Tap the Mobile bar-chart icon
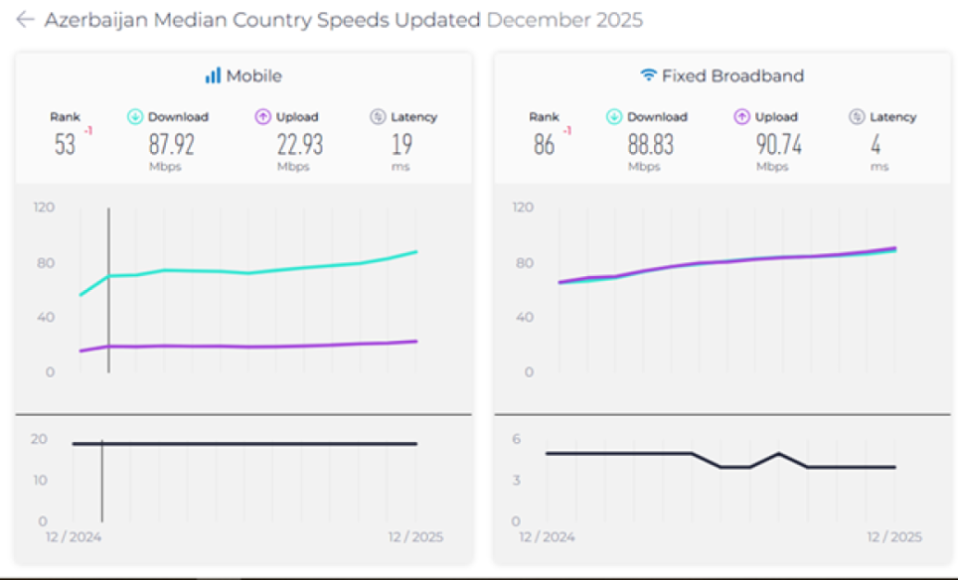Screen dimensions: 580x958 point(213,75)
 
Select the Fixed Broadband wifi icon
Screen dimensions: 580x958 point(648,75)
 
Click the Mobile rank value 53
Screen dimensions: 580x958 point(65,145)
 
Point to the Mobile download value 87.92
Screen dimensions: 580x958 point(172,144)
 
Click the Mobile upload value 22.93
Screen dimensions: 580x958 point(299,144)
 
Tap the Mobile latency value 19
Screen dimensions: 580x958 point(401,144)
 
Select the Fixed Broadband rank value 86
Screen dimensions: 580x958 point(544,145)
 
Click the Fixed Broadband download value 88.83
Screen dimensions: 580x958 point(651,144)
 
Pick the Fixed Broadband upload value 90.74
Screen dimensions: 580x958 point(778,144)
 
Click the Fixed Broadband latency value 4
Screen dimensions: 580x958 point(877,144)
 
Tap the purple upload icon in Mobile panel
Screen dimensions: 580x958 point(262,117)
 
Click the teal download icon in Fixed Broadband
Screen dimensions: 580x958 point(614,117)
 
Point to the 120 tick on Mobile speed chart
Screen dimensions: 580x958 point(44,208)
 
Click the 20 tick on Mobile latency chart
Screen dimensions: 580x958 point(40,439)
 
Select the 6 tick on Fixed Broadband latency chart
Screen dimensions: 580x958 point(516,439)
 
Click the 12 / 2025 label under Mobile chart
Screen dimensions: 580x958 point(415,537)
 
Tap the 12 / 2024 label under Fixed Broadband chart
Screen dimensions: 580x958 point(548,537)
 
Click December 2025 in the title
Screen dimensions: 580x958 point(565,20)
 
